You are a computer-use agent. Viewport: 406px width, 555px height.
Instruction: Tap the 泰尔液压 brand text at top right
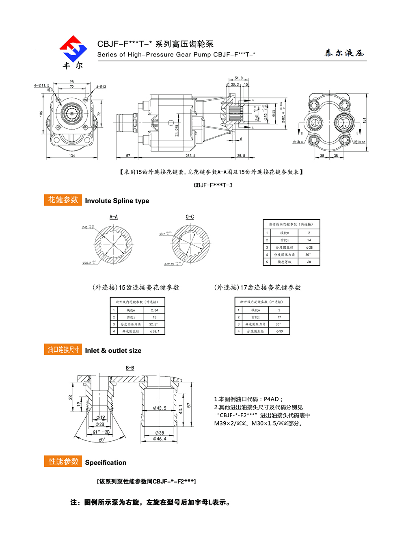[x=344, y=53]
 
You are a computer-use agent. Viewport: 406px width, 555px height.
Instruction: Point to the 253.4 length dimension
[x=190, y=156]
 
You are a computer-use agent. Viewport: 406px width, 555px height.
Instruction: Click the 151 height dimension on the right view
[x=364, y=121]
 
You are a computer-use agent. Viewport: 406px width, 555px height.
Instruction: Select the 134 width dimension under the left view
[x=72, y=156]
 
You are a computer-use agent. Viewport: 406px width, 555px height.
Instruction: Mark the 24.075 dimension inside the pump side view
[x=177, y=130]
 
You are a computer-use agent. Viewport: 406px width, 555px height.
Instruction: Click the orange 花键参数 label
[x=63, y=200]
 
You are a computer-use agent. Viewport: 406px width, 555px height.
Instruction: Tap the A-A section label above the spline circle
[x=114, y=217]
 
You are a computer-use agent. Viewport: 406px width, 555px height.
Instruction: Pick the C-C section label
[x=190, y=217]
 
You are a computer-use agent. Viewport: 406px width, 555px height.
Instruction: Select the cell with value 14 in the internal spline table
[x=309, y=240]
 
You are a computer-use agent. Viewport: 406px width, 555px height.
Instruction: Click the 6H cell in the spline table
[x=309, y=262]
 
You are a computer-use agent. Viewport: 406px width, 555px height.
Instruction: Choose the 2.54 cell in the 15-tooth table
[x=154, y=310]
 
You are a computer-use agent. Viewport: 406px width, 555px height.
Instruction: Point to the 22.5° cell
[x=153, y=324]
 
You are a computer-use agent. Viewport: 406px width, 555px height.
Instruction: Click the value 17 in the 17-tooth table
[x=279, y=317]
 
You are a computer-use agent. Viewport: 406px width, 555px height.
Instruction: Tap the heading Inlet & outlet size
[x=113, y=351]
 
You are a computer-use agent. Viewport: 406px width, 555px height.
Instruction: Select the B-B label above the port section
[x=130, y=368]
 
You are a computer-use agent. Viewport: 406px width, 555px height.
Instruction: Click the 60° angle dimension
[x=102, y=440]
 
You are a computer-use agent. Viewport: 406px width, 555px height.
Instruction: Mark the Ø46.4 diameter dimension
[x=160, y=439]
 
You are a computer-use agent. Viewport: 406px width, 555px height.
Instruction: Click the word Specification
[x=106, y=462]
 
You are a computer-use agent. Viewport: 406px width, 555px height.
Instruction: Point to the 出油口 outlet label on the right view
[x=298, y=142]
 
